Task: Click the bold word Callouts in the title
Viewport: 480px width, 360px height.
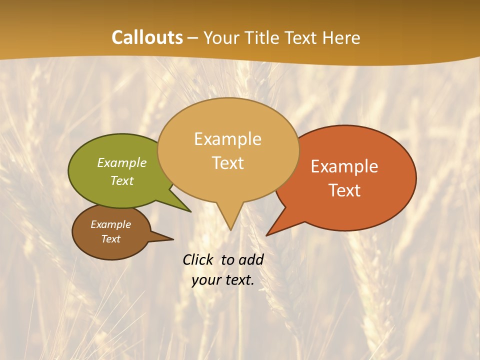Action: tap(147, 37)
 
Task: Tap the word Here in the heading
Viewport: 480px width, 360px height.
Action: tap(341, 37)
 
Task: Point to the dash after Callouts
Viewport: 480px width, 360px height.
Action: tap(193, 38)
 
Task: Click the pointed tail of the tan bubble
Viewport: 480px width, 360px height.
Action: tap(229, 220)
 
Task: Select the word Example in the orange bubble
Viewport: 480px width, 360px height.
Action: tap(344, 166)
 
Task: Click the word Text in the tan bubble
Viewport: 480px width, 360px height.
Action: tap(228, 163)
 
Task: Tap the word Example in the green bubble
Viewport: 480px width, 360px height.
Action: tap(122, 163)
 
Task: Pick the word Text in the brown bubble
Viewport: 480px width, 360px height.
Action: tap(111, 239)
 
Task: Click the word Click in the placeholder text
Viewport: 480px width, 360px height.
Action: tap(199, 259)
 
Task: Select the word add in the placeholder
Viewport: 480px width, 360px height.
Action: tap(251, 259)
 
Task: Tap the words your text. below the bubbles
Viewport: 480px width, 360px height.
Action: tap(223, 280)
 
